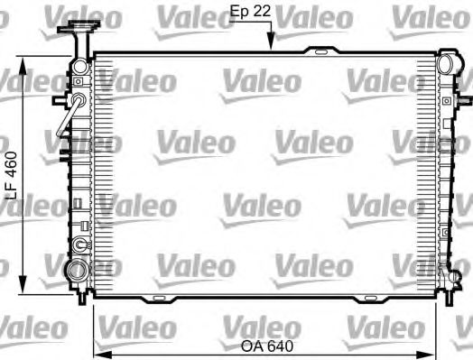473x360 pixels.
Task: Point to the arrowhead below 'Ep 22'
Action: [x=268, y=43]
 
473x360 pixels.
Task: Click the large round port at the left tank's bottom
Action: [x=79, y=268]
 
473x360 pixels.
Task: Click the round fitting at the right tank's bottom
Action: [x=445, y=272]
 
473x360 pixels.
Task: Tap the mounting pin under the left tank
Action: [x=84, y=294]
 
